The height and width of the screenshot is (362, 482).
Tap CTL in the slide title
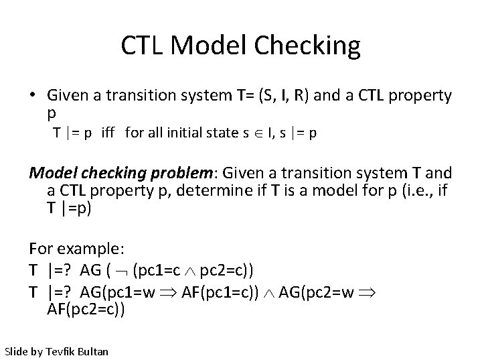click(143, 46)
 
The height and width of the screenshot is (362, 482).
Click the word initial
click(187, 133)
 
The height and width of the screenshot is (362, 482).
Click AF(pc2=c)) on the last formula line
click(86, 310)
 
